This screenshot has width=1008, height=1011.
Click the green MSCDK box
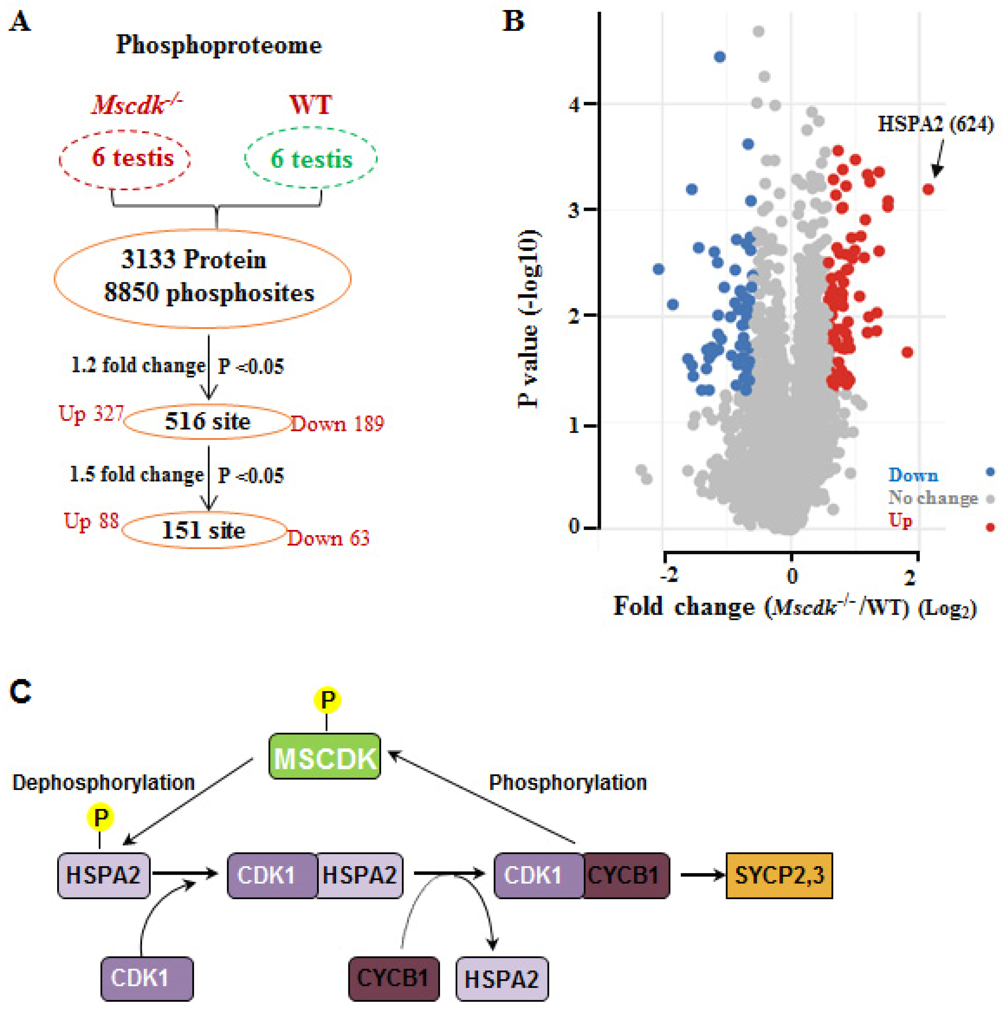coord(324,757)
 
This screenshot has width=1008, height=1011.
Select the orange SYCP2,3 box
coord(779,875)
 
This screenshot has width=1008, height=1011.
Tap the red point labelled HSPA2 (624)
coord(928,189)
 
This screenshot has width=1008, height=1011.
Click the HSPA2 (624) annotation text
coord(935,125)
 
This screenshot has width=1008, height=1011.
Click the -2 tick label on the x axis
coord(668,576)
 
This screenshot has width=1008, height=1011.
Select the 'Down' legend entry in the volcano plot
coord(913,475)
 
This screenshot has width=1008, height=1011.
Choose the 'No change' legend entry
coord(933,498)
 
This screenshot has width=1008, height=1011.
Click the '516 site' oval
coord(208,422)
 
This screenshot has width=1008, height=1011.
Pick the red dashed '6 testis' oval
coord(125,158)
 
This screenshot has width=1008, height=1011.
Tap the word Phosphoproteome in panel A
coord(219,45)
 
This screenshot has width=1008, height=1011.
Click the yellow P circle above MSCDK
coord(327,700)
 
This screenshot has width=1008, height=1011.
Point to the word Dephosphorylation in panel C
coord(104,783)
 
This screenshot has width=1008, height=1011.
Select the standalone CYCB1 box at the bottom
coord(393,978)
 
